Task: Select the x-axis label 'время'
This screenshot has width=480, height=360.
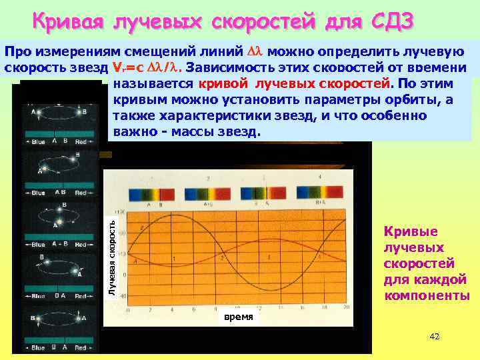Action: tap(239, 317)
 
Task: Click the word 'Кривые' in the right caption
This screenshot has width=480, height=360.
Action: tap(411, 231)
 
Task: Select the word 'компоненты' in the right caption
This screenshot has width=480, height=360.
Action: tap(427, 295)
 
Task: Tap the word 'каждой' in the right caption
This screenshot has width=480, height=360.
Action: tap(425, 279)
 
